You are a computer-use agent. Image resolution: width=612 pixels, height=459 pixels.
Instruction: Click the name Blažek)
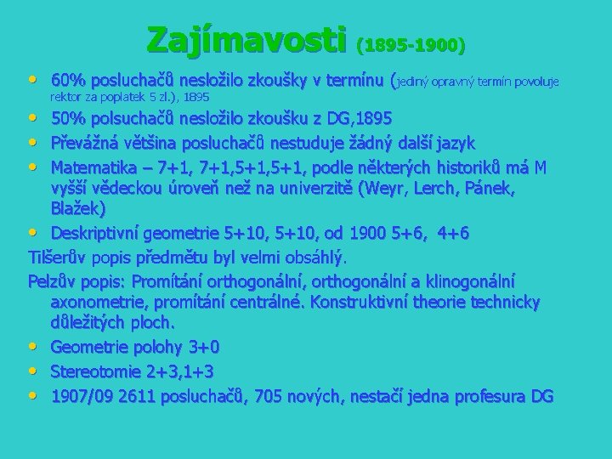pyautogui.click(x=77, y=208)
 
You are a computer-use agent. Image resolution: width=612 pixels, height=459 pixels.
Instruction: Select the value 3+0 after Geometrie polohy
pyautogui.click(x=203, y=348)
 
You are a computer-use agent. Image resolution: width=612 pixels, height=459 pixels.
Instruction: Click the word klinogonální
pyautogui.click(x=471, y=280)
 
